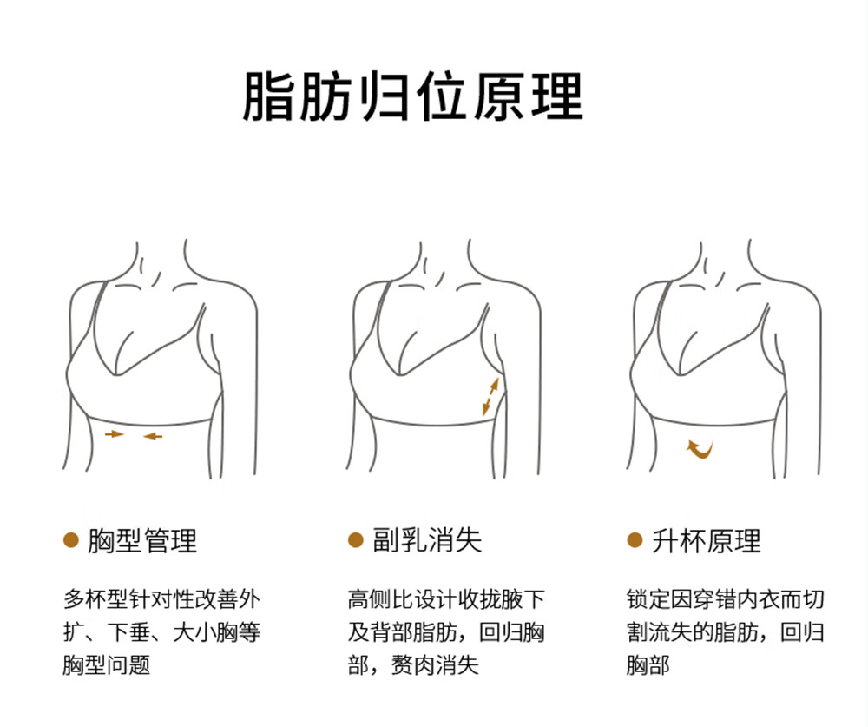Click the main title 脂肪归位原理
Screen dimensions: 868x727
[412, 96]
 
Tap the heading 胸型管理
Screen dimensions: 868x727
[143, 541]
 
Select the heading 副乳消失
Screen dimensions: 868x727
[427, 541]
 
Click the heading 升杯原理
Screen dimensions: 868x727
[707, 541]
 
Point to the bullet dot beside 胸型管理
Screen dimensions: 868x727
[72, 540]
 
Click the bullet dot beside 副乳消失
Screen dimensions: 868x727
[355, 540]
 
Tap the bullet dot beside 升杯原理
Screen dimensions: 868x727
[635, 540]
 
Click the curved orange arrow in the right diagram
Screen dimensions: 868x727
[700, 448]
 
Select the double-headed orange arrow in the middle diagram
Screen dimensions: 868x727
[490, 396]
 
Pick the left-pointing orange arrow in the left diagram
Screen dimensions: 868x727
[153, 435]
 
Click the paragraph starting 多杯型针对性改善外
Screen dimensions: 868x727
[161, 632]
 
